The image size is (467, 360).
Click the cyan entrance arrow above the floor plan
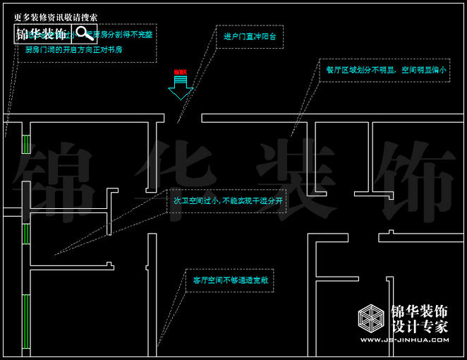pyautogui.click(x=181, y=88)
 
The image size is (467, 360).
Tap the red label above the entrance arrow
pyautogui.click(x=181, y=72)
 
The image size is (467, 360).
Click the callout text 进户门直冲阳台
pyautogui.click(x=250, y=36)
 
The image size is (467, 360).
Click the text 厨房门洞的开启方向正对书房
pyautogui.click(x=73, y=50)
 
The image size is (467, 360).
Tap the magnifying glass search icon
pyautogui.click(x=84, y=33)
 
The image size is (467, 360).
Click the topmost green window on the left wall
pyautogui.click(x=26, y=143)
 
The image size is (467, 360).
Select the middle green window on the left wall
pyautogui.click(x=26, y=234)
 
